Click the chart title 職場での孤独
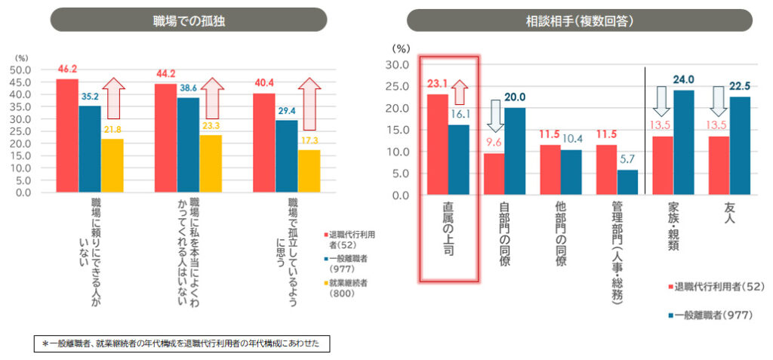point(188,20)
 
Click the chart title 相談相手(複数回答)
point(579,20)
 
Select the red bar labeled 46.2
point(67,136)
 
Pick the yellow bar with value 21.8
point(112,165)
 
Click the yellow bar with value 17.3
point(309,171)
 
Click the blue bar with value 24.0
point(685,143)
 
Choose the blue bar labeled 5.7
point(628,183)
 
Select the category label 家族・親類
point(674,230)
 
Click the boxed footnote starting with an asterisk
point(182,343)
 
